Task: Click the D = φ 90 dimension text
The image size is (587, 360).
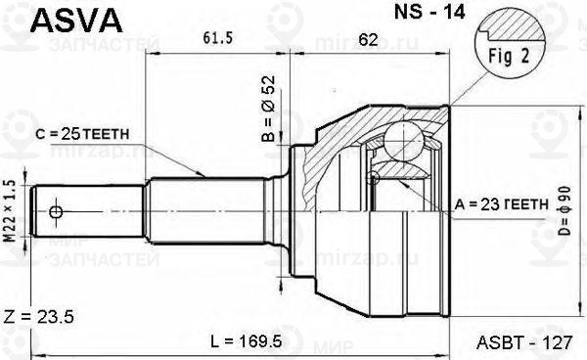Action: pyautogui.click(x=566, y=206)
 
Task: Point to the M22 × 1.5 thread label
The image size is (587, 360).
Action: pyautogui.click(x=11, y=209)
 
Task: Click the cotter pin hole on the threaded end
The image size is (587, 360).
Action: pyautogui.click(x=57, y=212)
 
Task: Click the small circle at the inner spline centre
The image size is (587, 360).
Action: pyautogui.click(x=373, y=177)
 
